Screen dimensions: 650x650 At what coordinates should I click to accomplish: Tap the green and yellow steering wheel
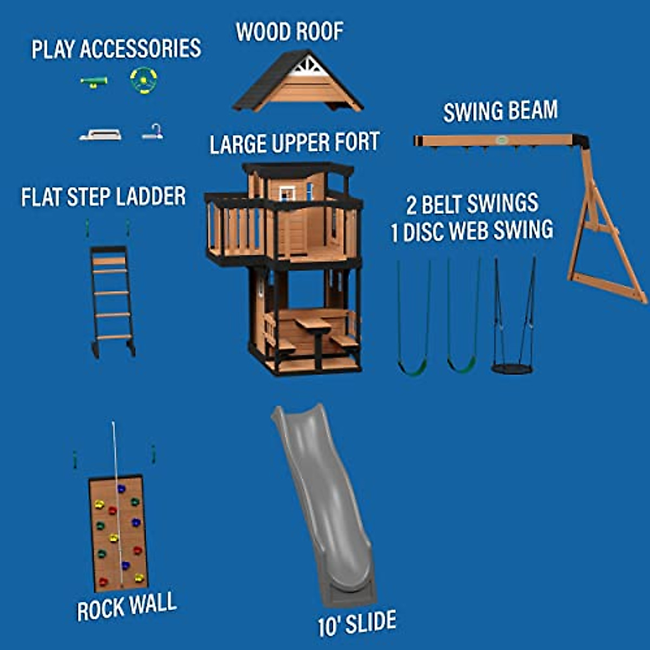(x=144, y=80)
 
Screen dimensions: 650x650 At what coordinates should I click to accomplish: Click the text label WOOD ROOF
(x=290, y=32)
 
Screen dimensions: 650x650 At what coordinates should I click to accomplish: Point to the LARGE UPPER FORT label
(x=294, y=144)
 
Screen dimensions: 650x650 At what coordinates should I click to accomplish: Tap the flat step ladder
(x=112, y=298)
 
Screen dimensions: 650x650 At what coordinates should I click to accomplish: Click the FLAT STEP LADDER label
(x=103, y=197)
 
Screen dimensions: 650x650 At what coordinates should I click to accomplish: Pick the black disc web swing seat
(x=512, y=368)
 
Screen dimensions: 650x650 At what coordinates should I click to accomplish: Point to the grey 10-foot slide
(x=325, y=504)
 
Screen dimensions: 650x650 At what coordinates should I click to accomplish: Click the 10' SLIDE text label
(x=357, y=623)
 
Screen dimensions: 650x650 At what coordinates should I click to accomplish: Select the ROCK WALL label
(x=127, y=606)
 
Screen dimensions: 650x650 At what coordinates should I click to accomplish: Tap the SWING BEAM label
(x=500, y=111)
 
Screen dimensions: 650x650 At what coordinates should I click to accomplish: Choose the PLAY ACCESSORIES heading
(x=116, y=49)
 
